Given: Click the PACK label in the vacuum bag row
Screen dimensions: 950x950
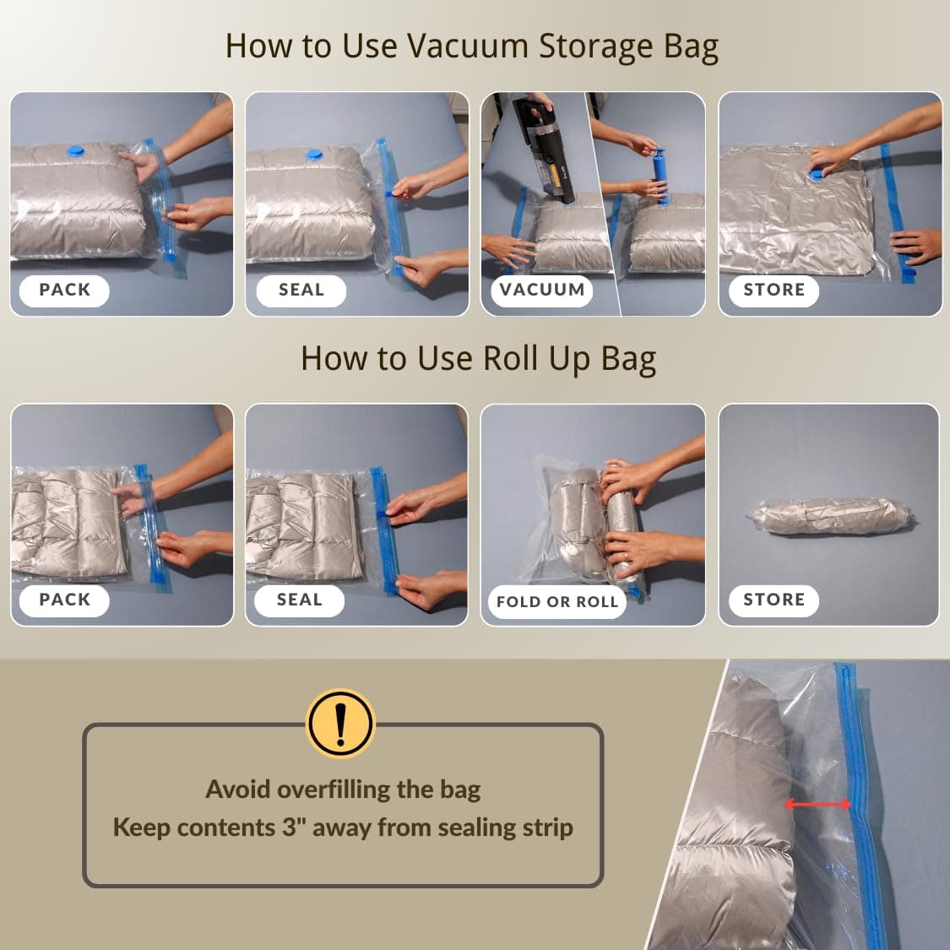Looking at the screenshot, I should tap(64, 290).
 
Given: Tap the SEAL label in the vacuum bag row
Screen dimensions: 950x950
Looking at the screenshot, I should tap(301, 290).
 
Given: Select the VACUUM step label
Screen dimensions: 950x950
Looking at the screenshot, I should tap(541, 290).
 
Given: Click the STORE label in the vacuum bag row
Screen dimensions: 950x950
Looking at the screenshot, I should tap(774, 290).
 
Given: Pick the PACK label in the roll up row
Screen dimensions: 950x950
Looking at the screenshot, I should tap(64, 600).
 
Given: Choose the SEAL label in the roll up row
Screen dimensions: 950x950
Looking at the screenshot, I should tap(300, 600).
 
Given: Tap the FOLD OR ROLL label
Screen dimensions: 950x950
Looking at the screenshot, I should tap(557, 601).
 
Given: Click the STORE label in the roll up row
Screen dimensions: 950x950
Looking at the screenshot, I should tap(774, 600).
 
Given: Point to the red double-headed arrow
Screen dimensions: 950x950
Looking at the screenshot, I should tap(817, 805).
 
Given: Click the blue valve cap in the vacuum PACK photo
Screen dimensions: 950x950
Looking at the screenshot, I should tap(75, 151).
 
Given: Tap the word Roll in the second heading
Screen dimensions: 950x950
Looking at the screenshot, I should tap(510, 358).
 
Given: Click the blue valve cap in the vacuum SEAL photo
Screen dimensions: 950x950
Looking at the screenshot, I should tap(314, 155).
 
